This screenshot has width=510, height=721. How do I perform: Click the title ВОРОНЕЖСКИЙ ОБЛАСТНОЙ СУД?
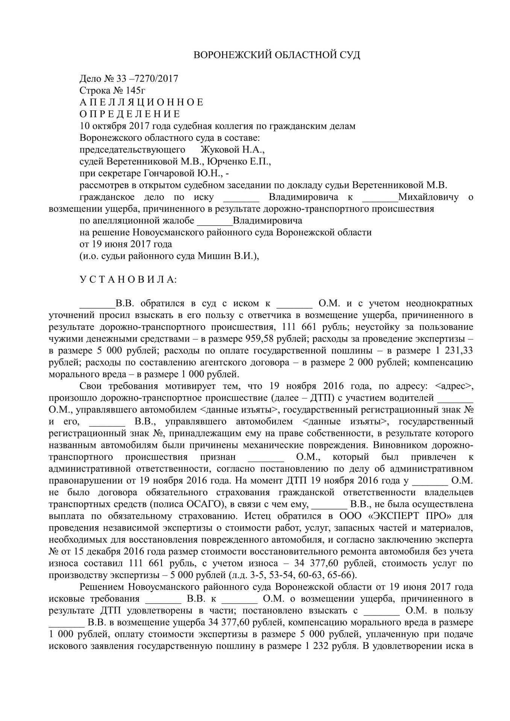tap(277, 56)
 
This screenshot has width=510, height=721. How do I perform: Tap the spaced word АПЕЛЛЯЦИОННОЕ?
tap(142, 103)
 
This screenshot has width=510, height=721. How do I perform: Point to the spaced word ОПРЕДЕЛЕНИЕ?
tap(130, 114)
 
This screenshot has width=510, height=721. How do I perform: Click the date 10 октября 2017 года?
tap(121, 126)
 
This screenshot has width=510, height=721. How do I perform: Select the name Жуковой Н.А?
tap(233, 150)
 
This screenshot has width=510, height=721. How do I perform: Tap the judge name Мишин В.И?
tap(237, 256)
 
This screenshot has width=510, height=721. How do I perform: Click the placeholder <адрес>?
tap(454, 386)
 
